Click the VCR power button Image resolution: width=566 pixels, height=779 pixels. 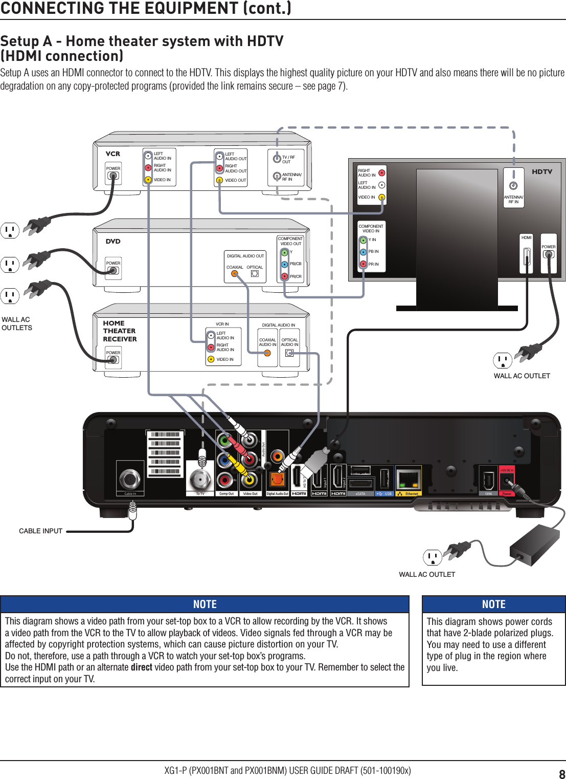(x=113, y=176)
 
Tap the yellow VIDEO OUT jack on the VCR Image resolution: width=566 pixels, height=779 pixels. (x=219, y=180)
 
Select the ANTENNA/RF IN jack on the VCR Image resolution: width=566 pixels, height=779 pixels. (x=277, y=177)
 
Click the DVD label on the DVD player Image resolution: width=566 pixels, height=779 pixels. (x=113, y=241)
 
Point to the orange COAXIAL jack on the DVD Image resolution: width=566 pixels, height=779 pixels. (x=235, y=273)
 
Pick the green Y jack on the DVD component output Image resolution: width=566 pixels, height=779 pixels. (x=285, y=252)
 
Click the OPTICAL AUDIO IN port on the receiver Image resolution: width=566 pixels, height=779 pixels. (x=289, y=353)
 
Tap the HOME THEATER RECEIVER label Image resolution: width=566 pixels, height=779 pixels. (x=120, y=331)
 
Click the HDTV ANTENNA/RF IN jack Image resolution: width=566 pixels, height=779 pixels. (x=513, y=186)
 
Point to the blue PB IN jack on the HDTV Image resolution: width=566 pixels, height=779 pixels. (x=363, y=252)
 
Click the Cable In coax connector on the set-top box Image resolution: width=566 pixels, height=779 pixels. (x=129, y=479)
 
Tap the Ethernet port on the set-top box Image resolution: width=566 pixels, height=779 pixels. (x=409, y=480)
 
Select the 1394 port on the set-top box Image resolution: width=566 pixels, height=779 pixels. (x=488, y=480)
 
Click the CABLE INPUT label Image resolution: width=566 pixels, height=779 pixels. (x=40, y=531)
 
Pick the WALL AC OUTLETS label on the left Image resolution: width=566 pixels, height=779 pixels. (x=16, y=323)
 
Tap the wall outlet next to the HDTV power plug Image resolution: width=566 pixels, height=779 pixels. (x=502, y=360)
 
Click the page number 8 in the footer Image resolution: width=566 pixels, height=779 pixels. (x=561, y=774)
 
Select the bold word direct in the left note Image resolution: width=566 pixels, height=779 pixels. (x=141, y=667)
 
